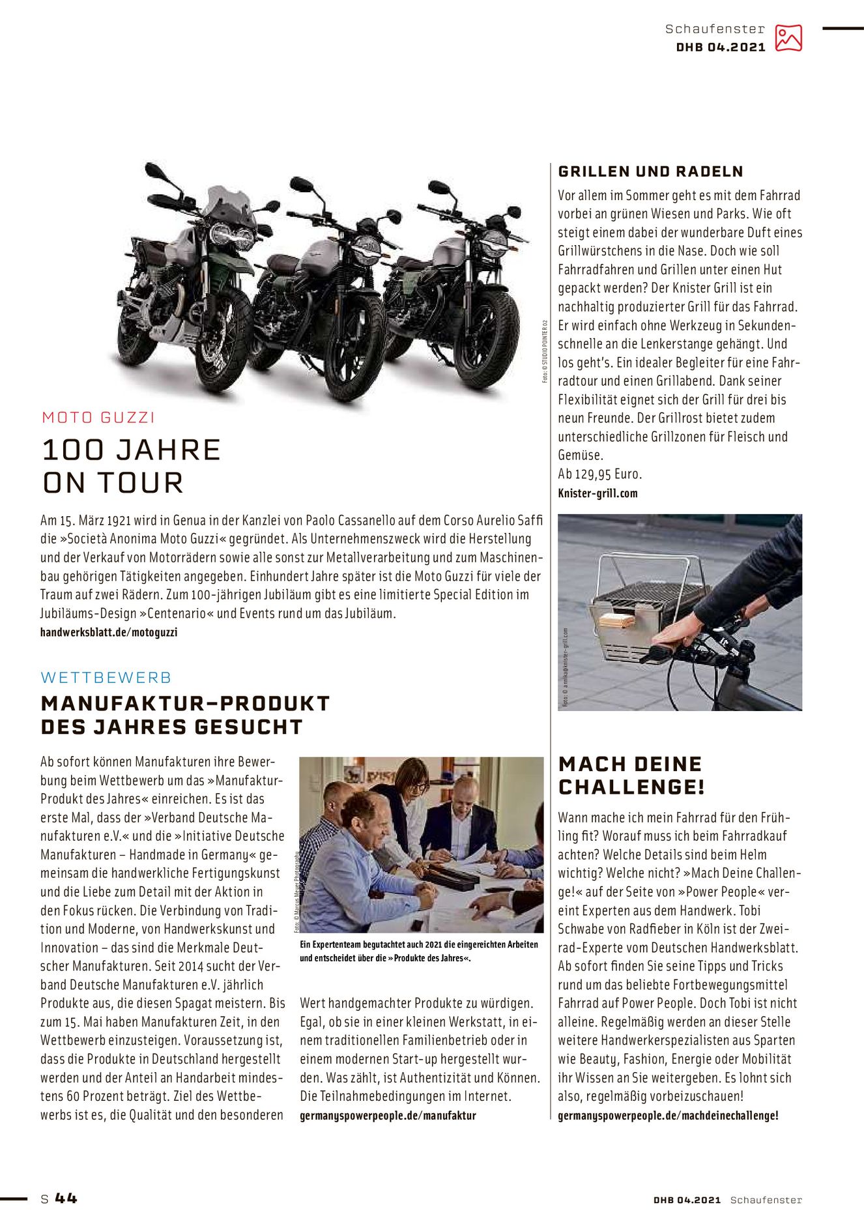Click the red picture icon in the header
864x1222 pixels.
[788, 38]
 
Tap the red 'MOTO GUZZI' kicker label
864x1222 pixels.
[98, 417]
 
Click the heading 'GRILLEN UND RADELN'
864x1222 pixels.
[650, 171]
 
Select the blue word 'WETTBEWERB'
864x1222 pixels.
[106, 678]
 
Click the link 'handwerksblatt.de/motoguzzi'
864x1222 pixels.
[109, 632]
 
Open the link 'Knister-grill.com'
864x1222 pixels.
[598, 493]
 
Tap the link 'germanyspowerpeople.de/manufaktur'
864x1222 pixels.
[388, 1116]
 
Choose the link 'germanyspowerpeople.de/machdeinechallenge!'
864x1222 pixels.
[668, 1116]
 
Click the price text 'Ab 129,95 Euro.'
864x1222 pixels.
[599, 474]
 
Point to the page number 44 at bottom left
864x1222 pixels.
[66, 1198]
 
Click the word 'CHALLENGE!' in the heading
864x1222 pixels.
[631, 787]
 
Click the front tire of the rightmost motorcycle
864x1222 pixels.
[487, 339]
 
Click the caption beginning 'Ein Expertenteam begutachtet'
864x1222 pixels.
[418, 951]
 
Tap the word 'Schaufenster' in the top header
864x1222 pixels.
[715, 29]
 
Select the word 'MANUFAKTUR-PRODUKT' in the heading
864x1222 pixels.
[185, 704]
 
